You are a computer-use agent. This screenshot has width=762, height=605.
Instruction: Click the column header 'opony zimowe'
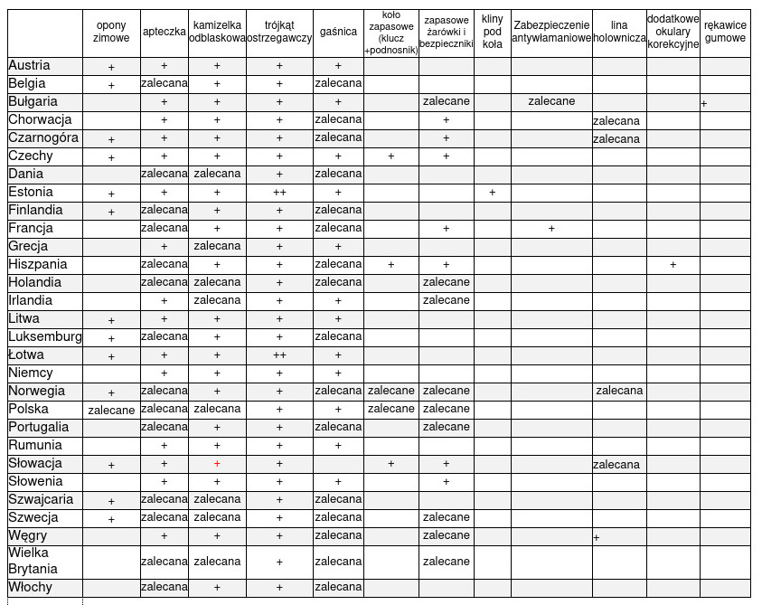pos(111,33)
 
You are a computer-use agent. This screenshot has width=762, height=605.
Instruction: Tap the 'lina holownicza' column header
pos(619,33)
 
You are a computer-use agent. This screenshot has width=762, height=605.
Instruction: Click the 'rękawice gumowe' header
pos(725,33)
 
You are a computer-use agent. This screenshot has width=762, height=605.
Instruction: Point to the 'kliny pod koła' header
pos(493,33)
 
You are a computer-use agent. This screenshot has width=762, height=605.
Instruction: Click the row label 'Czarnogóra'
pos(43,138)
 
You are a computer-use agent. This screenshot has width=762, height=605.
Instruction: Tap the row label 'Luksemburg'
pos(45,337)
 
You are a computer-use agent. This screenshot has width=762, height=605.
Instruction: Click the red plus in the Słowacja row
pos(217,464)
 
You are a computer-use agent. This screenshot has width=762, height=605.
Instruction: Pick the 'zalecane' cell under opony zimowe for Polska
pos(111,410)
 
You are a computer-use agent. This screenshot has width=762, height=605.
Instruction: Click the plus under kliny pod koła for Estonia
pos(493,193)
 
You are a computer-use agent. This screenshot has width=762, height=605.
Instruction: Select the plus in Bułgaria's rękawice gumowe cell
pos(704,104)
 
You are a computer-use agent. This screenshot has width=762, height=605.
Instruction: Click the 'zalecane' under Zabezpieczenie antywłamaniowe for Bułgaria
pos(551,101)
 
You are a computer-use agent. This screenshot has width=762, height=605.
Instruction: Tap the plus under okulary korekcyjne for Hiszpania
pos(673,265)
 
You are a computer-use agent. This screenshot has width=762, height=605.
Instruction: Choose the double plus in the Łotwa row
pos(279,355)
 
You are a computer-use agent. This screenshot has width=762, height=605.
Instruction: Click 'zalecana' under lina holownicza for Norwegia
pos(619,391)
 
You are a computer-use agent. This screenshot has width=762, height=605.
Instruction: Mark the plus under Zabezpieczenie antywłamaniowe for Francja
pos(551,229)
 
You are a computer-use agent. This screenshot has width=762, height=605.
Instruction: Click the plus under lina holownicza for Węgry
pos(597,538)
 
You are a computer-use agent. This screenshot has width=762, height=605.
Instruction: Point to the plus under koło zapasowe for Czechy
pos(391,156)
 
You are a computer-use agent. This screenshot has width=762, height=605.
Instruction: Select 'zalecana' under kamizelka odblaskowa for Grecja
pos(217,246)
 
